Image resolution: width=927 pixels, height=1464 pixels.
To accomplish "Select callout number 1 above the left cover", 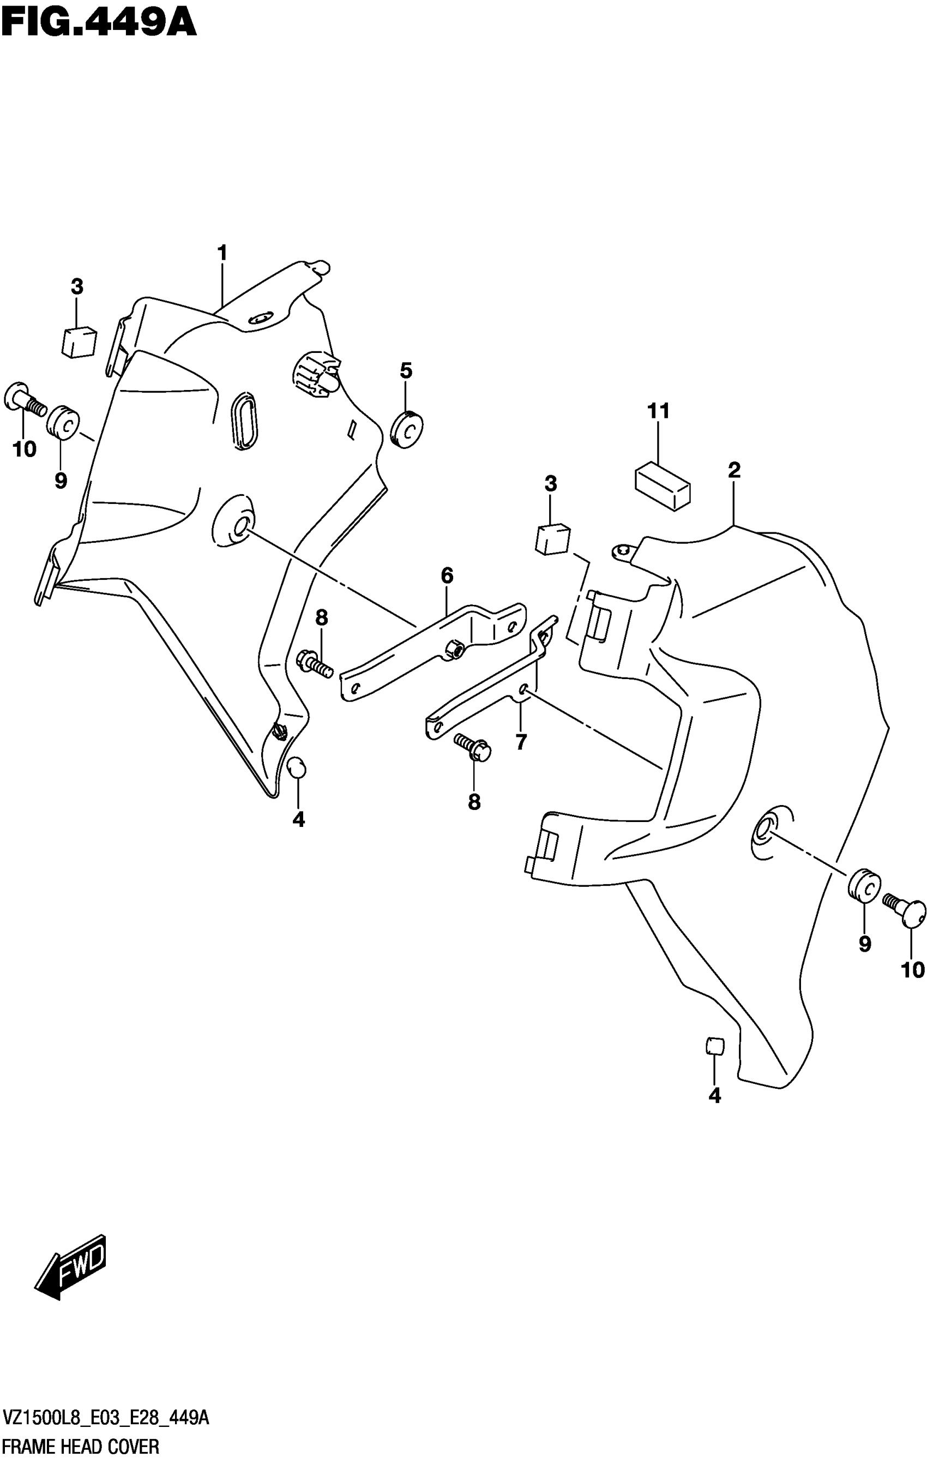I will coord(222,253).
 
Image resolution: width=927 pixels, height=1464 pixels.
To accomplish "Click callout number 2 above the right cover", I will coord(734,470).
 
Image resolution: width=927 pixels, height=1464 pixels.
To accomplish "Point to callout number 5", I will coord(406,370).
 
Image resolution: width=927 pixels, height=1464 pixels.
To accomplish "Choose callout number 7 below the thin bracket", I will coord(521,742).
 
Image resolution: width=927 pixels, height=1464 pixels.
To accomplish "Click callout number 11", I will coord(658,411).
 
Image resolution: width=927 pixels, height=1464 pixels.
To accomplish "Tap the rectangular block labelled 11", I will coord(663,484).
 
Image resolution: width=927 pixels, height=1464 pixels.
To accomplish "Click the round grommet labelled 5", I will coord(407,429).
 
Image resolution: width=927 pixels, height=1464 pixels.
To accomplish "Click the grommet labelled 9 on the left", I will coord(63,420).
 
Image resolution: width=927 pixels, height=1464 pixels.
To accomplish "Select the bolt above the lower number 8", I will coord(473,747).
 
